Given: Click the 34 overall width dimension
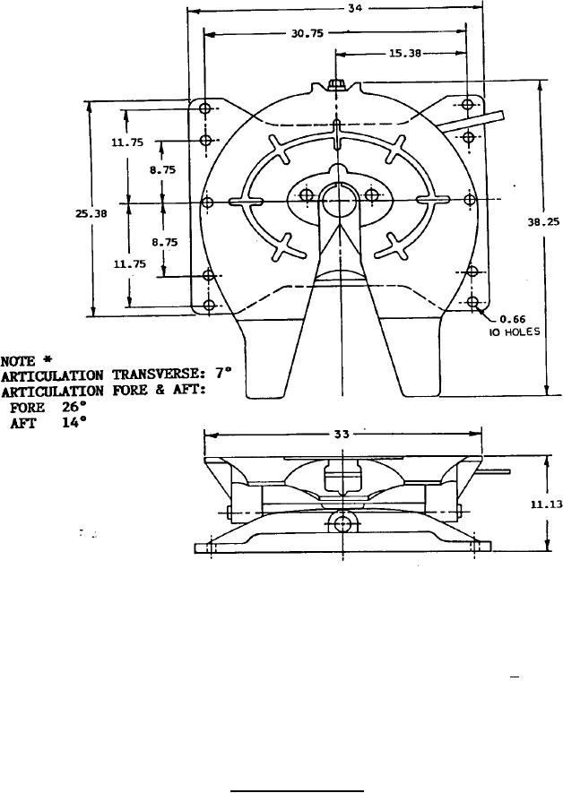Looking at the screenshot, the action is pos(355,9).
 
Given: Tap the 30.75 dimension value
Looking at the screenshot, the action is pos(307,34).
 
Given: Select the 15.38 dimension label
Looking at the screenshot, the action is pos(404,53).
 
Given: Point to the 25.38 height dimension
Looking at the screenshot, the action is pos(91,213).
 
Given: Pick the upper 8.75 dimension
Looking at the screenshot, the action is pos(162,170).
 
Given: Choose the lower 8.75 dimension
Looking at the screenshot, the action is pos(165,243).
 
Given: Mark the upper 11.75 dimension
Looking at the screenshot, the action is pos(127,142).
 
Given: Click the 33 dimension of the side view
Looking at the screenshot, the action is pos(342,435).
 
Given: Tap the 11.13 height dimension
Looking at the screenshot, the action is pos(546,504).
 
